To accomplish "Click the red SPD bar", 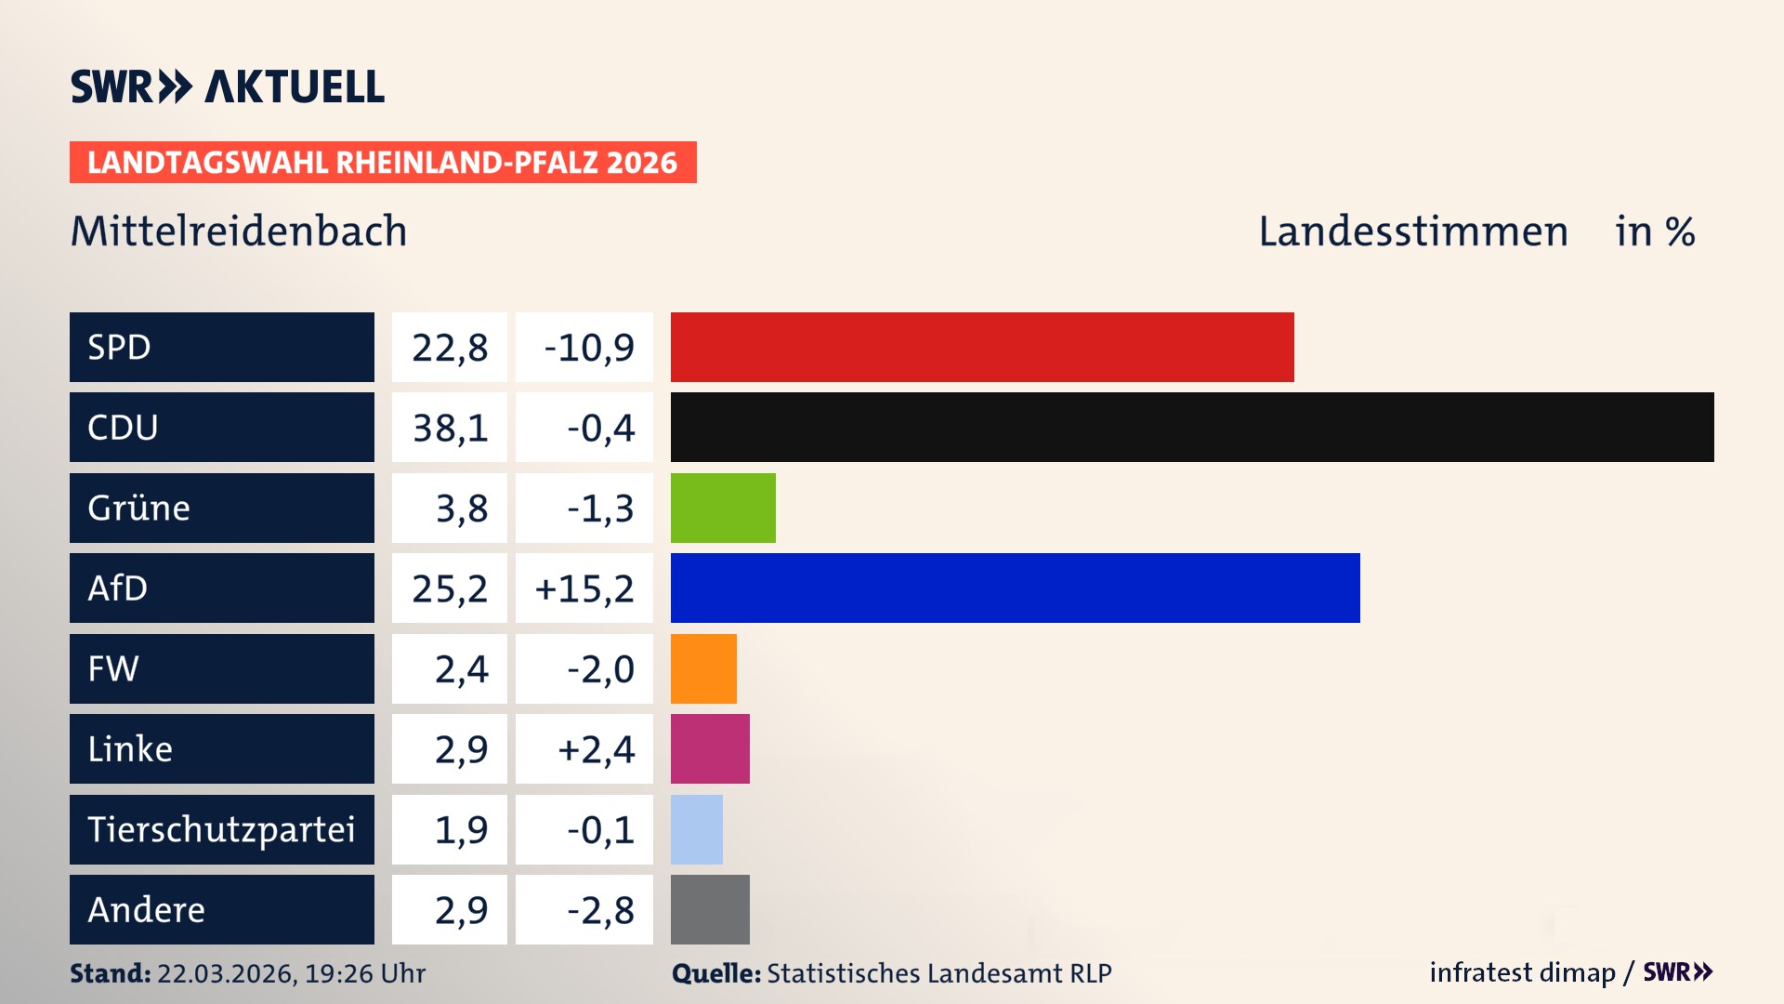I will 982,347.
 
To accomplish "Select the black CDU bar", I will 1192,428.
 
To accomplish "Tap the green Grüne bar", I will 723,508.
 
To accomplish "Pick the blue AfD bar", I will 1015,588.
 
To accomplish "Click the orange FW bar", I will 703,668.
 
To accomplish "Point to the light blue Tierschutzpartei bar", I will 697,829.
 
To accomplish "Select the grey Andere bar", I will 710,909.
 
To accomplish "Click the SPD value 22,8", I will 450,348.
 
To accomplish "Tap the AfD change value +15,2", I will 584,588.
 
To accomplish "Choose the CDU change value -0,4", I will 600,428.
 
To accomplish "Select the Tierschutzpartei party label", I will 221,829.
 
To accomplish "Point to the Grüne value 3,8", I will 461,509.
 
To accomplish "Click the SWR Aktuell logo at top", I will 228,86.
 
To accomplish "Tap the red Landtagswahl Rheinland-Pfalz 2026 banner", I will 383,162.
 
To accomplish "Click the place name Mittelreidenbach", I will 239,231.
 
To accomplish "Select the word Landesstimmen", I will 1412,231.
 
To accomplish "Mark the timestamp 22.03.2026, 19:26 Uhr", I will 291,973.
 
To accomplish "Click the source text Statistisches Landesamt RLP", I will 938,973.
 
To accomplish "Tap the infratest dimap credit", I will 1522,972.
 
